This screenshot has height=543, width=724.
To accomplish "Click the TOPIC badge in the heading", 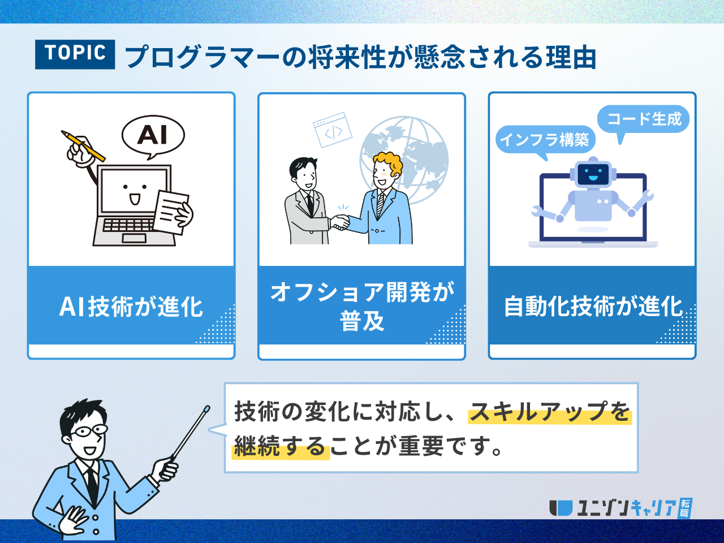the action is click(x=75, y=54).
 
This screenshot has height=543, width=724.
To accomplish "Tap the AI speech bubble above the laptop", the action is click(x=153, y=136).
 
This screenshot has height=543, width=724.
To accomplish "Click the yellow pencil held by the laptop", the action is click(x=83, y=146).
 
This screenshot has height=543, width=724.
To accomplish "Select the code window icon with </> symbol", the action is click(x=333, y=130).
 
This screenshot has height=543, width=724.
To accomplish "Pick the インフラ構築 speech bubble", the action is click(x=545, y=140).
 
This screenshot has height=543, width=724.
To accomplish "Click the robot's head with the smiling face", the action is click(x=593, y=173).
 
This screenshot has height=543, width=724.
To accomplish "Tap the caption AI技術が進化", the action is click(x=131, y=307).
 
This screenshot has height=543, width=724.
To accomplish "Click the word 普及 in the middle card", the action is click(x=362, y=321).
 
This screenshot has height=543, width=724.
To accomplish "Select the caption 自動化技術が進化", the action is click(x=593, y=307).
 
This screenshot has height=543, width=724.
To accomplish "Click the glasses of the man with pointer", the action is click(x=89, y=431).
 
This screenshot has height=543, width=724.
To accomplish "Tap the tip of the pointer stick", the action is click(x=208, y=407).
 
